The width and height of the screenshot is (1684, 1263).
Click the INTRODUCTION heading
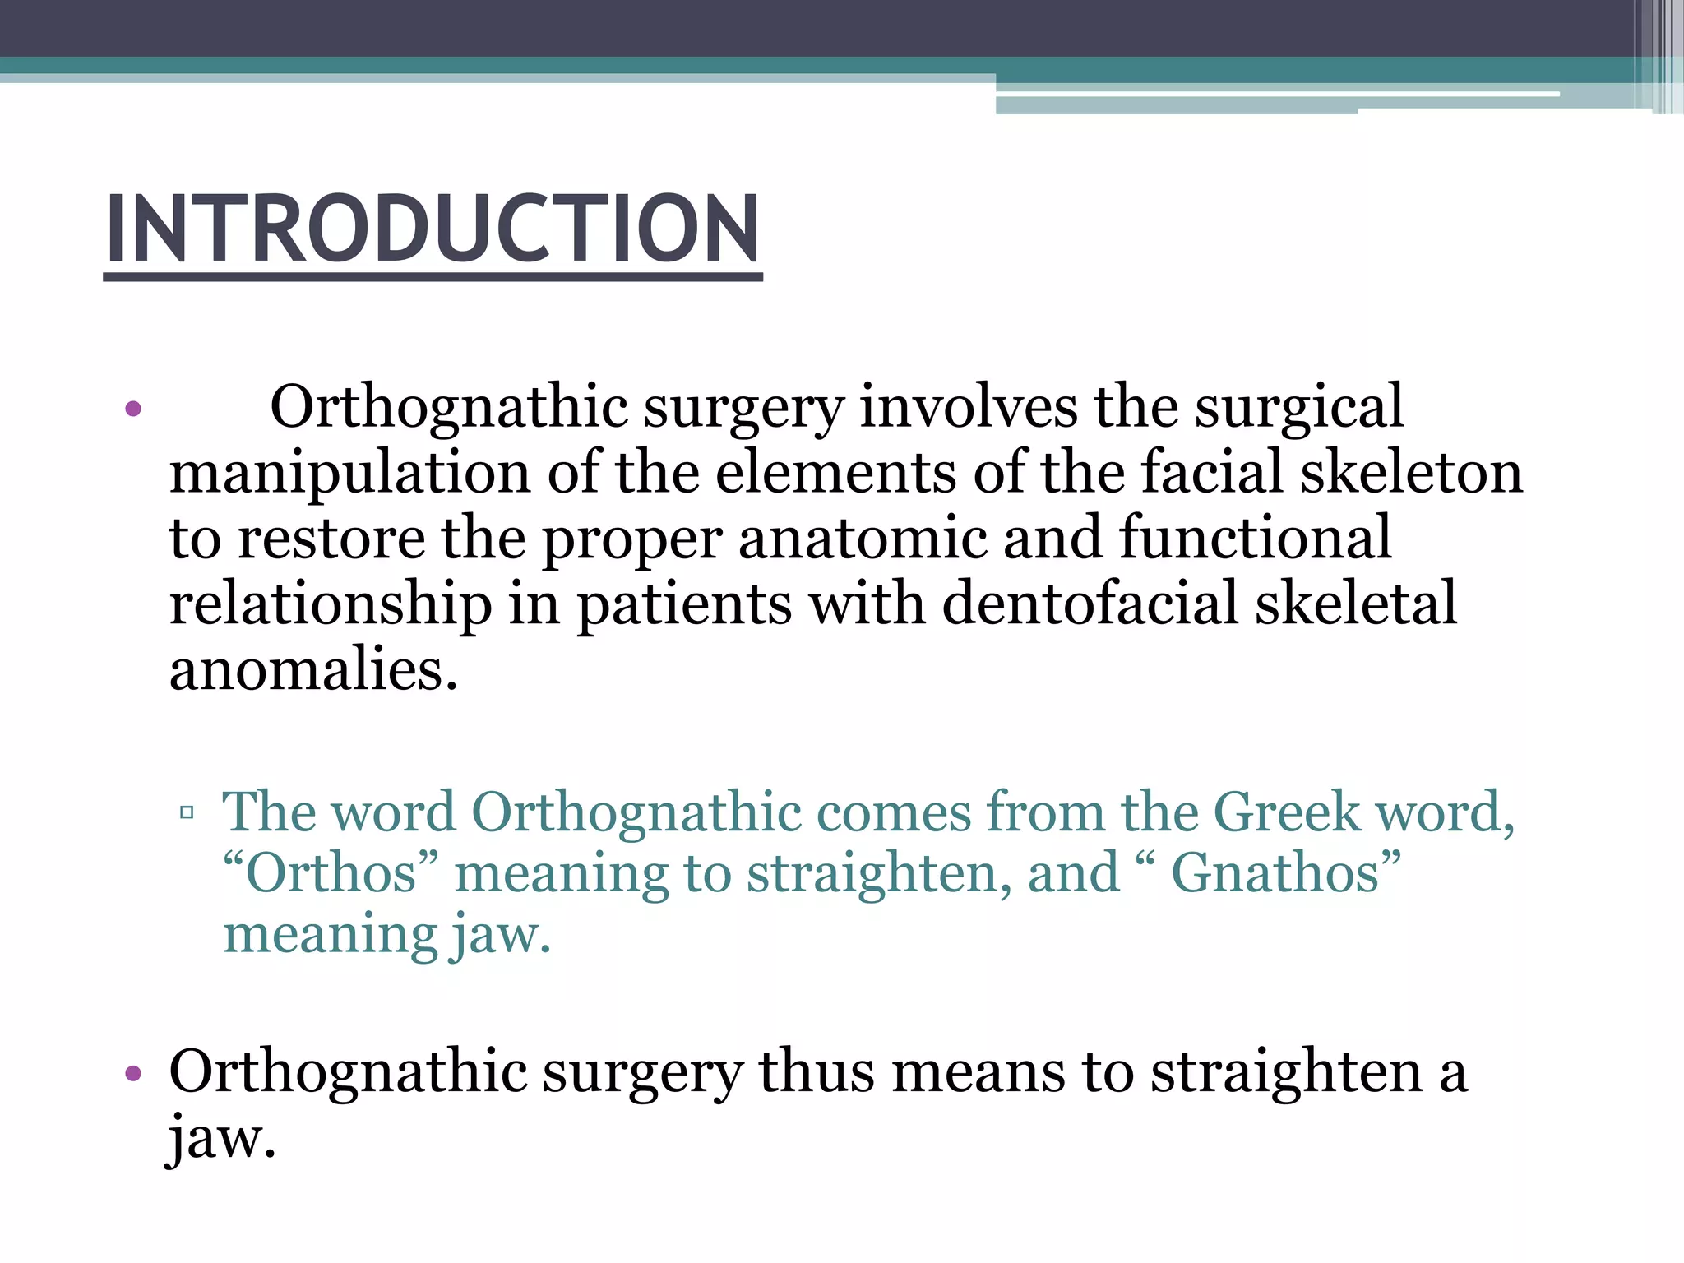click(x=433, y=228)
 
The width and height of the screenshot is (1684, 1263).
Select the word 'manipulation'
click(x=349, y=474)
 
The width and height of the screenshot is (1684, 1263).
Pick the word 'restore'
click(x=331, y=539)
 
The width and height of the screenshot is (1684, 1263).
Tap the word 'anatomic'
click(x=862, y=539)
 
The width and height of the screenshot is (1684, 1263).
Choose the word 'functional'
click(x=1255, y=539)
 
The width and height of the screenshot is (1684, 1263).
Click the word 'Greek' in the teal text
click(x=1286, y=812)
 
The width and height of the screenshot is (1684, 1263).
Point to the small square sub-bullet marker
click(x=187, y=813)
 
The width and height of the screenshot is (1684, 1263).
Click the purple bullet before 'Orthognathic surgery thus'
click(x=133, y=1073)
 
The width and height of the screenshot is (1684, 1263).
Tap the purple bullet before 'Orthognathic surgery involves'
click(x=133, y=408)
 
